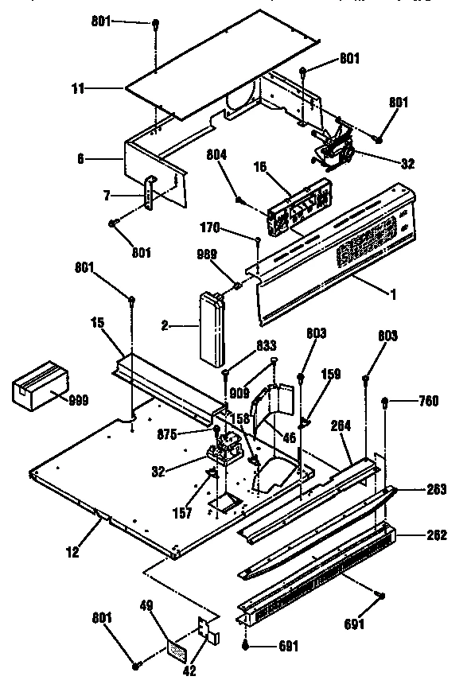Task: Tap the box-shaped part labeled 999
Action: point(38,389)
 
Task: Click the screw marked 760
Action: point(386,402)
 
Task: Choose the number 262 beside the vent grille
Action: point(436,535)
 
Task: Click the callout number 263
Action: point(436,489)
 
